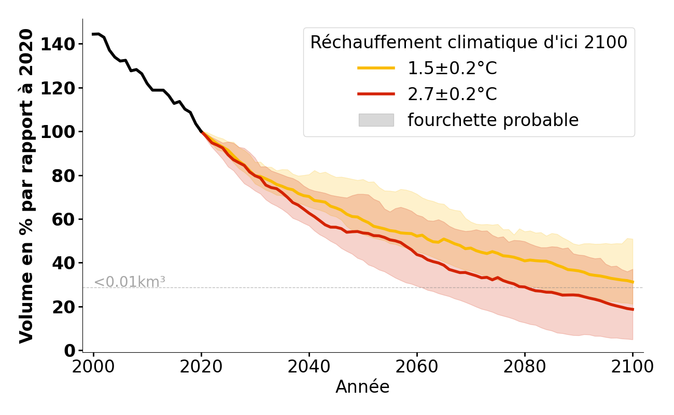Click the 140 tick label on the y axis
point(57,45)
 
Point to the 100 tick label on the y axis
point(57,132)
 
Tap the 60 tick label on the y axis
point(63,219)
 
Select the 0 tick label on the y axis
point(69,351)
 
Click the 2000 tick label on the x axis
point(93,367)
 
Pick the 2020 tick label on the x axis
point(201,367)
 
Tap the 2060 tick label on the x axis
point(417,367)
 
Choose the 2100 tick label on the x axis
point(633,367)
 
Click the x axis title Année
point(362,387)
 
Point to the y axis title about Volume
point(26,186)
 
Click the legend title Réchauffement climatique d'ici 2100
point(469,43)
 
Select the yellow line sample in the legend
point(376,68)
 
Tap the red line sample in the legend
point(376,94)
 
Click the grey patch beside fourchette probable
point(376,120)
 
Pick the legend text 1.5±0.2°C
point(452,68)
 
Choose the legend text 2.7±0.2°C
point(452,94)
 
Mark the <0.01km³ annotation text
point(130,282)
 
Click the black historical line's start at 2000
point(93,34)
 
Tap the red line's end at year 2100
point(633,309)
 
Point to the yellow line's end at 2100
point(633,282)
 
